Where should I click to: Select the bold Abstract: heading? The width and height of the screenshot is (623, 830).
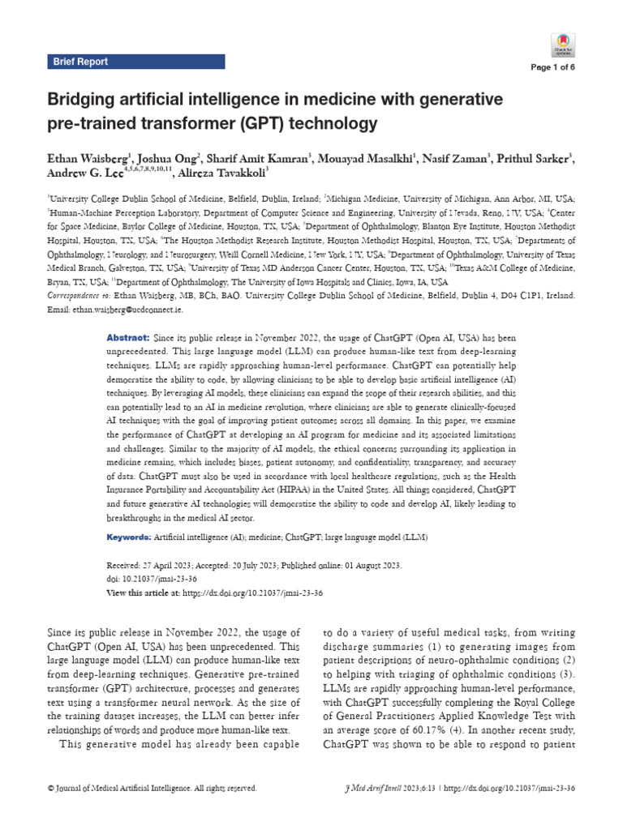pos(128,336)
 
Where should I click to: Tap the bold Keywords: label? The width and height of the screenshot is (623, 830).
pos(129,537)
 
